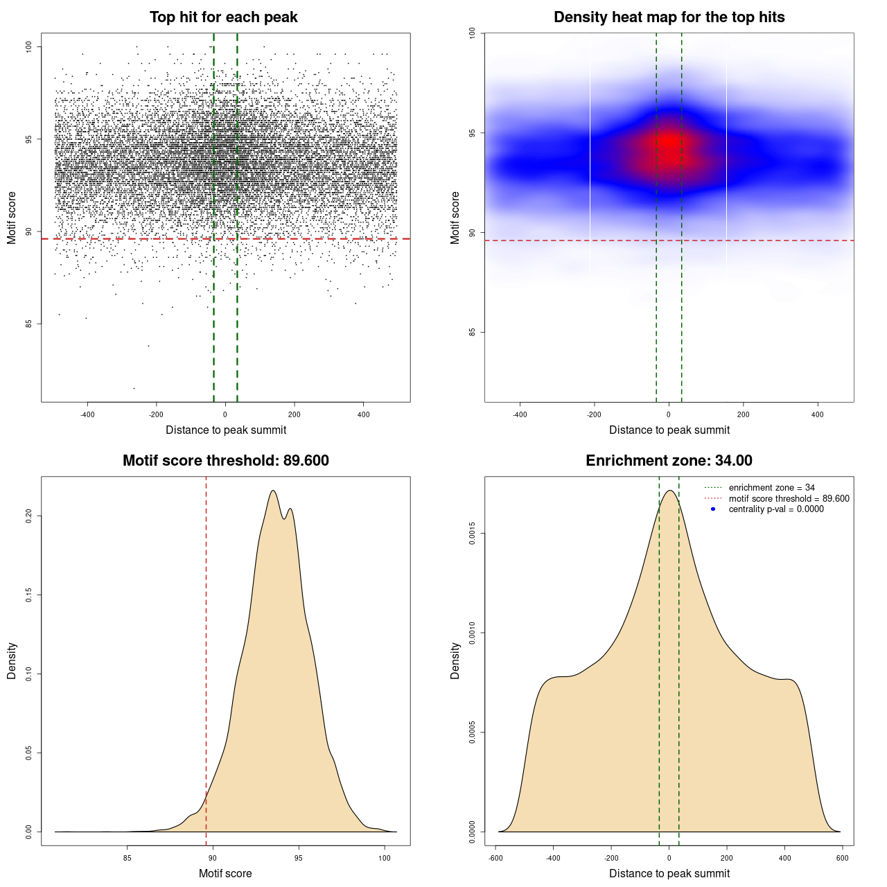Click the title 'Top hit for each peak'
pyautogui.click(x=224, y=17)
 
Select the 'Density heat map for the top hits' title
pyautogui.click(x=669, y=17)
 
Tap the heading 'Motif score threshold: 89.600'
pyautogui.click(x=225, y=461)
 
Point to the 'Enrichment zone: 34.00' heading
pyautogui.click(x=669, y=461)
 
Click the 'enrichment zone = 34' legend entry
pyautogui.click(x=771, y=488)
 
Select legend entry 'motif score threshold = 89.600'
pyautogui.click(x=789, y=499)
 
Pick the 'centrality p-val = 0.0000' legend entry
pyautogui.click(x=776, y=509)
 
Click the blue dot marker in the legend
pyautogui.click(x=713, y=509)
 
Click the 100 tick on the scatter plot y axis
pyautogui.click(x=29, y=47)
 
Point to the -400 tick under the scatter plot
pyautogui.click(x=87, y=415)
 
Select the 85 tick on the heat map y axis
pyautogui.click(x=473, y=332)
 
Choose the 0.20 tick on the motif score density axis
pyautogui.click(x=29, y=516)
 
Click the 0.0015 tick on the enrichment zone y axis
pyautogui.click(x=473, y=534)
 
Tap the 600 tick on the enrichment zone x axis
pyautogui.click(x=843, y=858)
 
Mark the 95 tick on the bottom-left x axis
pyautogui.click(x=299, y=858)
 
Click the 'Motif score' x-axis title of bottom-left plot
pyautogui.click(x=225, y=874)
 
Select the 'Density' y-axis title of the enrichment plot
pyautogui.click(x=455, y=660)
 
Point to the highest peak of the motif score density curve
pyautogui.click(x=273, y=491)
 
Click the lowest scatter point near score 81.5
pyautogui.click(x=134, y=388)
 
